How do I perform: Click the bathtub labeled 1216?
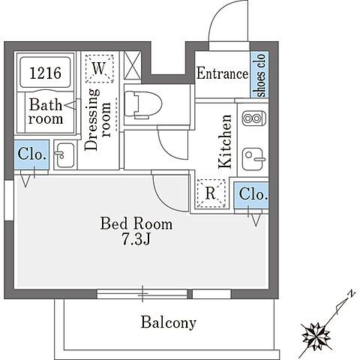[x=45, y=72]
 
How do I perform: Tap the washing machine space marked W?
[x=100, y=69]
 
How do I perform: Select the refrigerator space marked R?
[x=211, y=193]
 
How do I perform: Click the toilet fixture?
[x=142, y=104]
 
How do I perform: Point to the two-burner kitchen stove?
[x=253, y=118]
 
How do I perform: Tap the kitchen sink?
[x=253, y=159]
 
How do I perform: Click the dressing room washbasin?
[x=64, y=155]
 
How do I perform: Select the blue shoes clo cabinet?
[x=259, y=74]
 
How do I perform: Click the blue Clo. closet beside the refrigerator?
[x=251, y=195]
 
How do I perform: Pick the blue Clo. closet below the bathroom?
[x=31, y=154]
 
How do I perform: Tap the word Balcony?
[x=169, y=322]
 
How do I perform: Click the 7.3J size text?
[x=136, y=238]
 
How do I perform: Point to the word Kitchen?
[x=225, y=142]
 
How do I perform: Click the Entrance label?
[x=222, y=73]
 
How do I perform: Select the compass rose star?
[x=316, y=336]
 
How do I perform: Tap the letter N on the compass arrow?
[x=352, y=293]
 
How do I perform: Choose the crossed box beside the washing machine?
[x=133, y=65]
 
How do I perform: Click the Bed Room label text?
[x=136, y=223]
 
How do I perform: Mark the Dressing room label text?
[x=97, y=119]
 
